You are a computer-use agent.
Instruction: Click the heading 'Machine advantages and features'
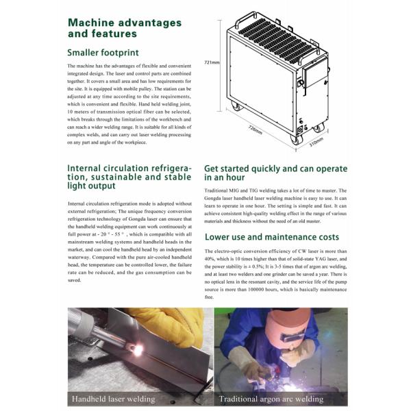pos(125,28)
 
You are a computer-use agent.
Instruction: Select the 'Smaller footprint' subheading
pos(103,52)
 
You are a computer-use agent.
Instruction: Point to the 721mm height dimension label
pos(211,62)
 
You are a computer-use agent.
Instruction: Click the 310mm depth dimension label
pos(315,145)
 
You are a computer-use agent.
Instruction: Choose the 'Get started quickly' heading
pos(275,173)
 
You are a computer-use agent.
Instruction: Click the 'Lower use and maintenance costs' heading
pos(271,236)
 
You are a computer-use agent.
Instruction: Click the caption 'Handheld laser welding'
pos(114,399)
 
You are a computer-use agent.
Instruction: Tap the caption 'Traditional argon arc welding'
pos(271,399)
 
